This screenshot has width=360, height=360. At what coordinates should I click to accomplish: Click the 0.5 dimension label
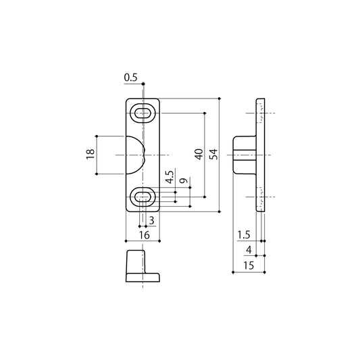[x=130, y=78]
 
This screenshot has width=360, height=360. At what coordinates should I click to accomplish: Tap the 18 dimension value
[x=91, y=154]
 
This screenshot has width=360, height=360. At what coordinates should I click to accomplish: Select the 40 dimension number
[x=199, y=154]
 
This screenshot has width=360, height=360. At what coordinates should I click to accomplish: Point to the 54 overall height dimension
[x=213, y=154]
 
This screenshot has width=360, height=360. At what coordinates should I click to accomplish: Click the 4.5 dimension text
[x=170, y=177]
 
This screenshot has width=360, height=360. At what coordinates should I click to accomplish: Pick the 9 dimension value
[x=184, y=180]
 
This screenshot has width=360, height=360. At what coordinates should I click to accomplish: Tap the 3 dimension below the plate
[x=151, y=221]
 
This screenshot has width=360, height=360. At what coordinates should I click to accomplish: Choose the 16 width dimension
[x=144, y=235]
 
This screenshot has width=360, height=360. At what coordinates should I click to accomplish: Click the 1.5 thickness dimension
[x=244, y=235]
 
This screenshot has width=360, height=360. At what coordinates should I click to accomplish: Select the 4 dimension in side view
[x=249, y=250]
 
